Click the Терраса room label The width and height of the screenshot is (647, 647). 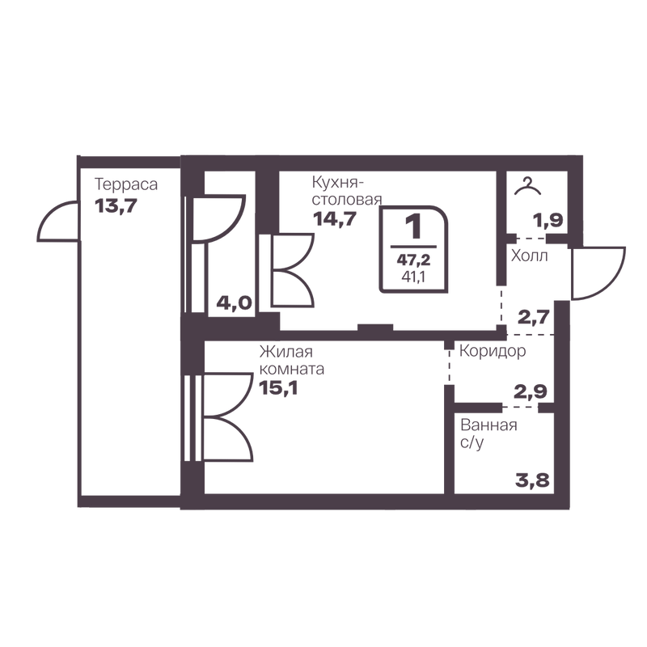(x=126, y=184)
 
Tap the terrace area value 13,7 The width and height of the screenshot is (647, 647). (x=116, y=205)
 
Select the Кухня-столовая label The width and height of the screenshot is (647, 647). (x=347, y=191)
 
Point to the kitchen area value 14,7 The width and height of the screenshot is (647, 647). (x=334, y=218)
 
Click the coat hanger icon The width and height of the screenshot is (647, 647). (x=527, y=186)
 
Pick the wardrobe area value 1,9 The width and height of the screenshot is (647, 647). (x=548, y=221)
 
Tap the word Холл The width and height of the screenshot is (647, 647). (x=530, y=256)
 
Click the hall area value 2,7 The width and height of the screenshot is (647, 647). (x=534, y=317)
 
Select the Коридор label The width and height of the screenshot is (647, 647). (x=493, y=351)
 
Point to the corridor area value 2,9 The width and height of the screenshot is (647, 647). (x=531, y=391)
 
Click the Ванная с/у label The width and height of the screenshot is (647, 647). (x=488, y=433)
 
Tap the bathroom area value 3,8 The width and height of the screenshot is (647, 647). (x=532, y=480)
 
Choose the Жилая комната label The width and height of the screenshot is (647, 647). (x=292, y=360)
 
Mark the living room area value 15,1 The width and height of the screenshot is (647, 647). (x=278, y=388)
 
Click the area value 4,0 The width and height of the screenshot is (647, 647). (x=234, y=304)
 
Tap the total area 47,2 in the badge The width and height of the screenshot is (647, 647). (x=413, y=260)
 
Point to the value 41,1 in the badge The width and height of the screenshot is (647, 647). (x=413, y=277)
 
